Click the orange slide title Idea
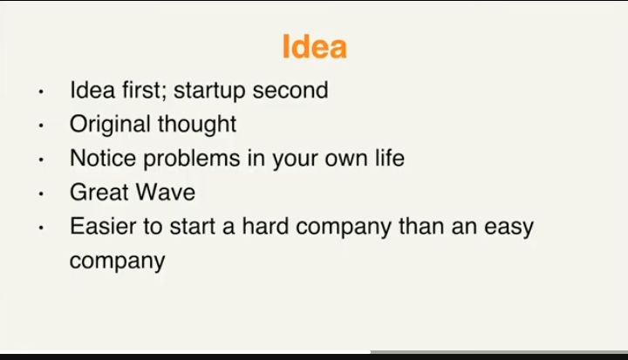pyautogui.click(x=314, y=47)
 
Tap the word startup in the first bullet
pyautogui.click(x=209, y=92)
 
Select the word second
pyautogui.click(x=290, y=90)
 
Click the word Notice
pyautogui.click(x=103, y=158)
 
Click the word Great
pyautogui.click(x=98, y=193)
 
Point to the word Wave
pyautogui.click(x=165, y=193)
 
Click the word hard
pyautogui.click(x=265, y=227)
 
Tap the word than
pyautogui.click(x=421, y=227)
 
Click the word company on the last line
pyautogui.click(x=118, y=262)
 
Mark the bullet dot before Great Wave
pyautogui.click(x=41, y=194)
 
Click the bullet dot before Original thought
pyautogui.click(x=41, y=126)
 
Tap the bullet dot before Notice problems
pyautogui.click(x=41, y=160)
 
